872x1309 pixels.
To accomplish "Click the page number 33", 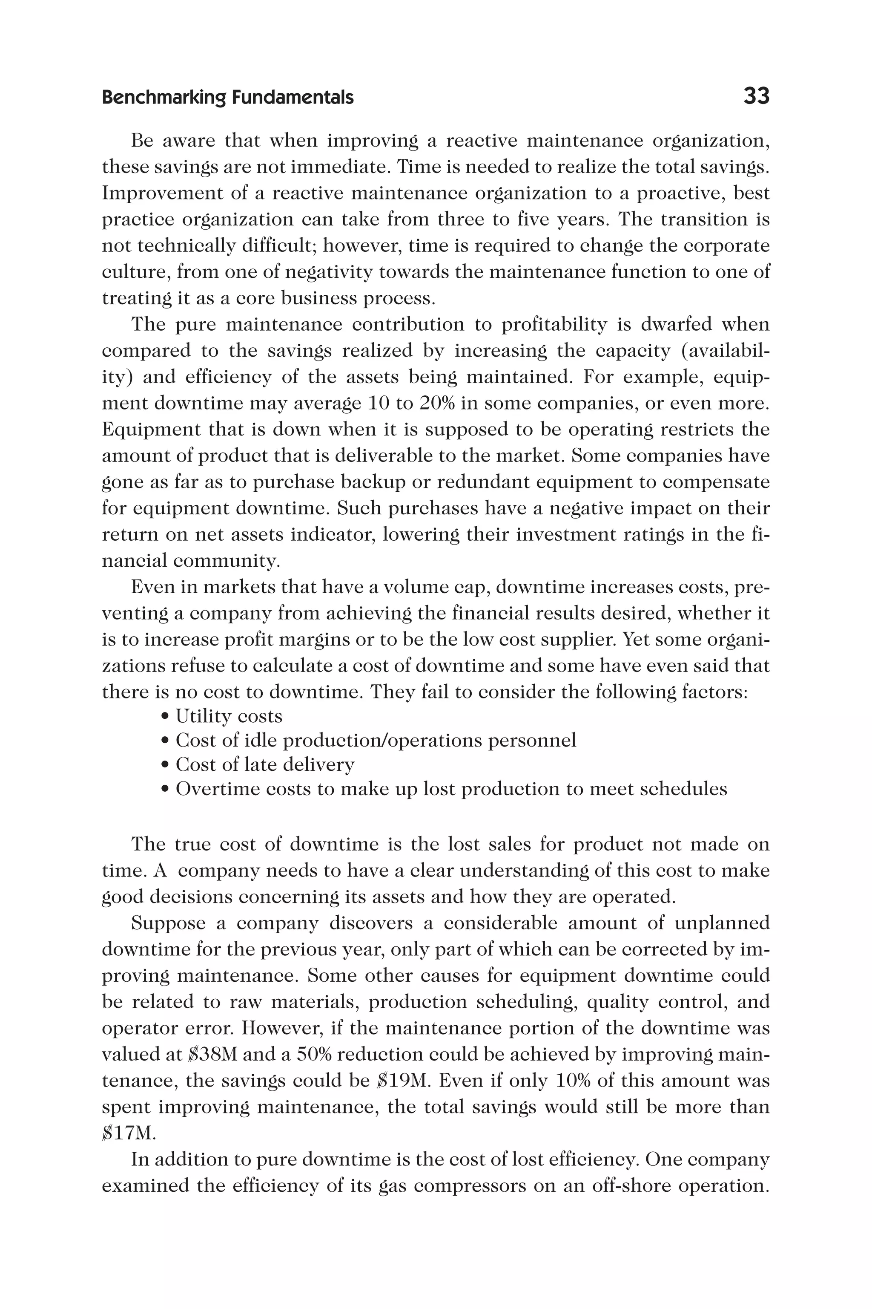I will point(756,96).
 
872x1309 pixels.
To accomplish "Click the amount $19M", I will point(405,1080).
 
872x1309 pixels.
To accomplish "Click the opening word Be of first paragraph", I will point(141,141).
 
